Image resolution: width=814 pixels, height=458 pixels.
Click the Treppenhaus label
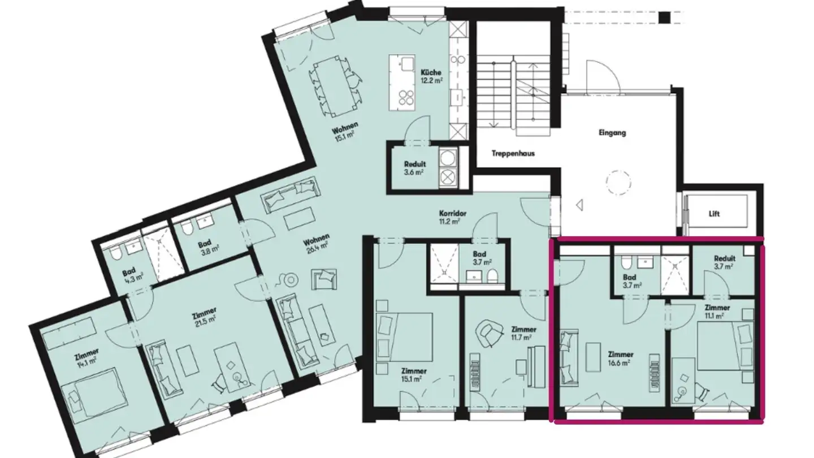[x=513, y=153]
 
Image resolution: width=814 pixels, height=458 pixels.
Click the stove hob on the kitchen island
[x=405, y=98]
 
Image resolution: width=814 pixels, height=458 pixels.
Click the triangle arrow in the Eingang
[x=579, y=205]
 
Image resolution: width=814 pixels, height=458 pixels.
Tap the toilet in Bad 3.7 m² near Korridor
[x=493, y=276]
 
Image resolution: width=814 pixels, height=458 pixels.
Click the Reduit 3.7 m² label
[x=724, y=262]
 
